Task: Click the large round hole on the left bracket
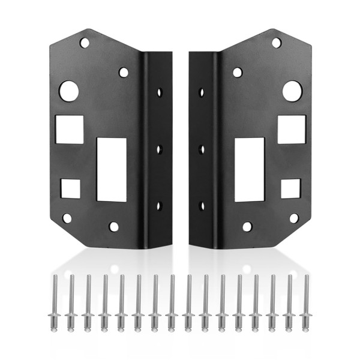(68, 91)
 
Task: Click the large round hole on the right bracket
(292, 91)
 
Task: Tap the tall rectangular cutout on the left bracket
(112, 169)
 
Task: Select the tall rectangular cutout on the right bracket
(249, 169)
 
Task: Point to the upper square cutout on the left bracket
(70, 129)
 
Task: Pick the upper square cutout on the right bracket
(292, 129)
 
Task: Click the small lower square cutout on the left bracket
(70, 188)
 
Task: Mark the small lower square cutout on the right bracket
(291, 188)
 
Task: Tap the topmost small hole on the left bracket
(85, 43)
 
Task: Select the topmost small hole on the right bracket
(276, 43)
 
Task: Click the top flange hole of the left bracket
(160, 93)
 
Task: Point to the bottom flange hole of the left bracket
(160, 205)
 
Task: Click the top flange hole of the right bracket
(201, 93)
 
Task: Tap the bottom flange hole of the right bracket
(201, 205)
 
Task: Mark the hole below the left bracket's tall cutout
(113, 227)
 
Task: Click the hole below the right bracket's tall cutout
(247, 227)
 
